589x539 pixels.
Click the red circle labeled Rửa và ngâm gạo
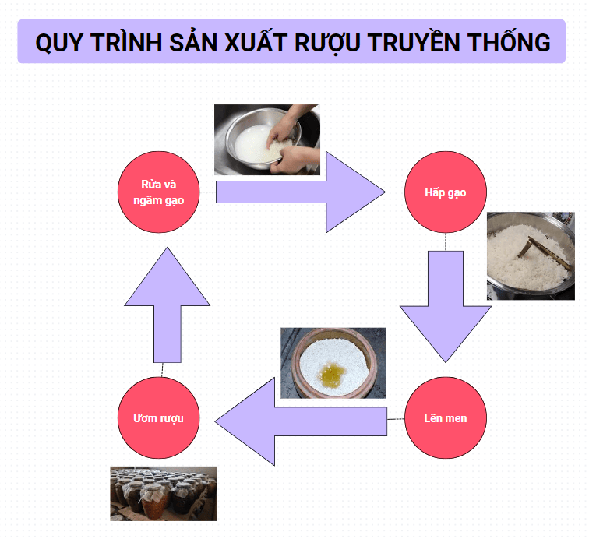158,192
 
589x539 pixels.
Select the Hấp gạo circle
446,192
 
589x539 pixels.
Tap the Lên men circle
446,418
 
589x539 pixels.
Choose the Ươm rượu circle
158,418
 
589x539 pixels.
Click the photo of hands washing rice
267,139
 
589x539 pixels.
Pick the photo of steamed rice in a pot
531,255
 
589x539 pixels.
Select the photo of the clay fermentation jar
333,363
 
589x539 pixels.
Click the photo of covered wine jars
164,493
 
